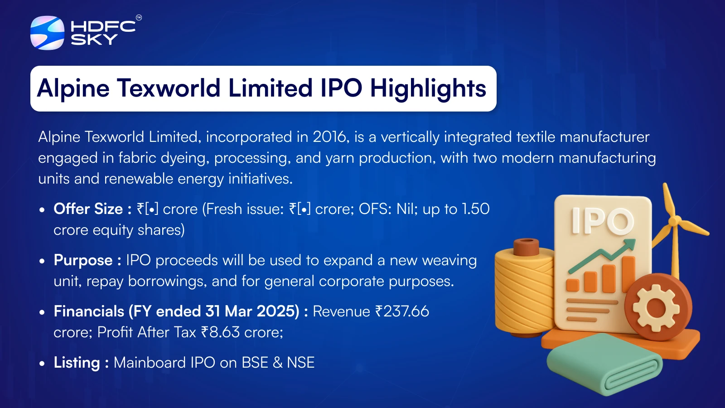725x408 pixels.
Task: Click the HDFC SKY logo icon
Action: [47, 33]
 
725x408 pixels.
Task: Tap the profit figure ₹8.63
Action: [220, 332]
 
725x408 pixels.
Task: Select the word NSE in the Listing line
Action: [301, 363]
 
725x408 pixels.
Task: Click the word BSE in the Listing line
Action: [255, 363]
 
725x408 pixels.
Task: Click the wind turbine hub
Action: [673, 222]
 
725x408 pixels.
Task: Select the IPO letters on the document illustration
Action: [603, 220]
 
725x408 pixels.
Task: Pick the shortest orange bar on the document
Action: [572, 285]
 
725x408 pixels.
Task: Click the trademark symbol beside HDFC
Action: [139, 18]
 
